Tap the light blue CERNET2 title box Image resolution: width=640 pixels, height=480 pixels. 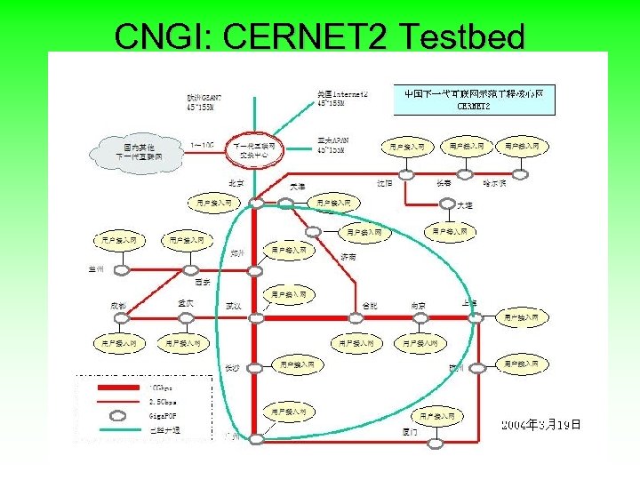(x=474, y=100)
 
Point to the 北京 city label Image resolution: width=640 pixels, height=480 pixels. (x=236, y=184)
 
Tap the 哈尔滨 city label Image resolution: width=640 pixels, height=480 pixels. (x=494, y=183)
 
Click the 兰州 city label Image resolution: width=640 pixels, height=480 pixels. (x=96, y=266)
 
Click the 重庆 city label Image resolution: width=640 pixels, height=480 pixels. (x=186, y=304)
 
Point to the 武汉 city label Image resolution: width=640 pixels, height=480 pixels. (x=233, y=306)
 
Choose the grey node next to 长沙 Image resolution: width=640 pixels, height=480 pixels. (x=255, y=366)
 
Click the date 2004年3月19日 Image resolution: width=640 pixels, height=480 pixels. (x=541, y=425)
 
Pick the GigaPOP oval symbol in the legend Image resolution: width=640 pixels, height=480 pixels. (x=117, y=413)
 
